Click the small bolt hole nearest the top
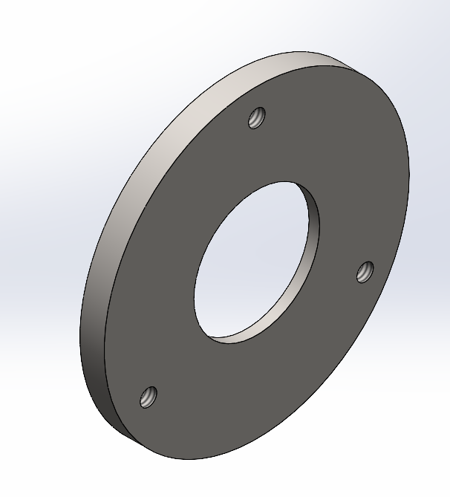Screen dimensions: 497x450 [x=257, y=117]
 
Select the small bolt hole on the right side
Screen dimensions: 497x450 [x=364, y=272]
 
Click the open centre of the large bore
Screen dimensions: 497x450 [x=249, y=260]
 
